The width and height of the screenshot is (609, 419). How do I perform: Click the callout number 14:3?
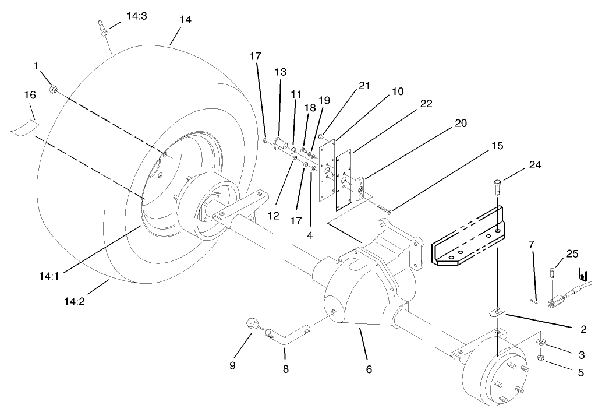[136, 16]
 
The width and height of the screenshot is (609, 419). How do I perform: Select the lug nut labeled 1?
[54, 89]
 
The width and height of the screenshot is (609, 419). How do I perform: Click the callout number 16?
[30, 94]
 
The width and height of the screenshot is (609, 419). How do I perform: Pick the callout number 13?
[281, 72]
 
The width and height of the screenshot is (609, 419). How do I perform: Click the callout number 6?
[369, 368]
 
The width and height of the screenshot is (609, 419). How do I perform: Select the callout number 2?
[582, 330]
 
